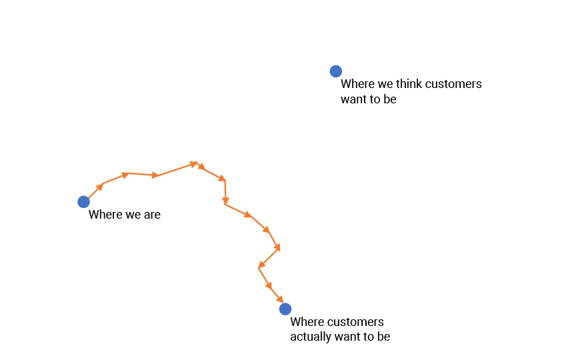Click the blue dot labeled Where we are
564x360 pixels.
83,201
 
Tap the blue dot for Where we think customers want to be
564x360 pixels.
336,71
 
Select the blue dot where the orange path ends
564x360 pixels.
285,309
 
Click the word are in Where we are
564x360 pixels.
151,215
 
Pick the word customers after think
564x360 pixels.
453,85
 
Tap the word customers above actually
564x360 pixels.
355,322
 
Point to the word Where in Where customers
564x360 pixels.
307,322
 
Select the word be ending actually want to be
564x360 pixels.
383,337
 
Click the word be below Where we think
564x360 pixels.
390,99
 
